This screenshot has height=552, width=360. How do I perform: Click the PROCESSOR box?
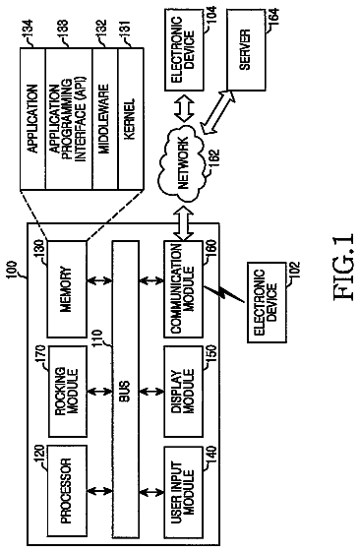(67, 491)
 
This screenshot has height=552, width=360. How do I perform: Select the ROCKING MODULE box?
(68, 392)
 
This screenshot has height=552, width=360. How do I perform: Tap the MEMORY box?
(67, 289)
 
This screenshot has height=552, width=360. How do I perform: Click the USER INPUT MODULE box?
(183, 491)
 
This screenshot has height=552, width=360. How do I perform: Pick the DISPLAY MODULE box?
(183, 392)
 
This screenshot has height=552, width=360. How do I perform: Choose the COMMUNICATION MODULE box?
(183, 289)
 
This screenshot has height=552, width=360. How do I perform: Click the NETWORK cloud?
(182, 163)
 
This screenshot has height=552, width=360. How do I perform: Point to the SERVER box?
(246, 50)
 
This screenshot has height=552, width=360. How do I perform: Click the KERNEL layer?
(131, 119)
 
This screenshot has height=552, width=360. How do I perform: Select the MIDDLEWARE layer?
(105, 119)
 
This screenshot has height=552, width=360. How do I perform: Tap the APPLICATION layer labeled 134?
(32, 119)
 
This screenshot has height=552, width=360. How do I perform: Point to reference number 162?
(214, 159)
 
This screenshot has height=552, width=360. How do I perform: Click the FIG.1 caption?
(343, 267)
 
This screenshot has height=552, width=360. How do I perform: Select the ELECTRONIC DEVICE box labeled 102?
(267, 302)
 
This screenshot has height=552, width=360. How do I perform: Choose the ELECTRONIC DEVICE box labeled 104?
(184, 50)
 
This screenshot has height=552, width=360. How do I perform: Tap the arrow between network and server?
(217, 112)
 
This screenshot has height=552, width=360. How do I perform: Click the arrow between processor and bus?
(99, 491)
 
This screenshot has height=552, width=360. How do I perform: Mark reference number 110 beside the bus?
(97, 338)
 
